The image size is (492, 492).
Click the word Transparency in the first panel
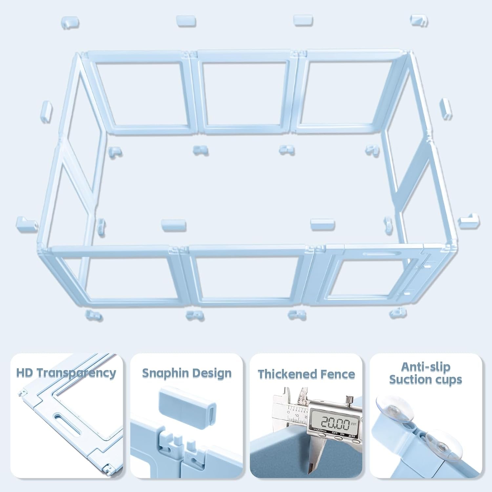pos(76,373)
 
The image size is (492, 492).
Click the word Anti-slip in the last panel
pos(425,367)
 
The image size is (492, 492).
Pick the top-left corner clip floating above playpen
pos(70,22)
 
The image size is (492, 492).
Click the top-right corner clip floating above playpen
pos(419,20)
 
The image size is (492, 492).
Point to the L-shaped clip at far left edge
pos(26,223)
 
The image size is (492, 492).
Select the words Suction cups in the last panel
pos(425,380)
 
